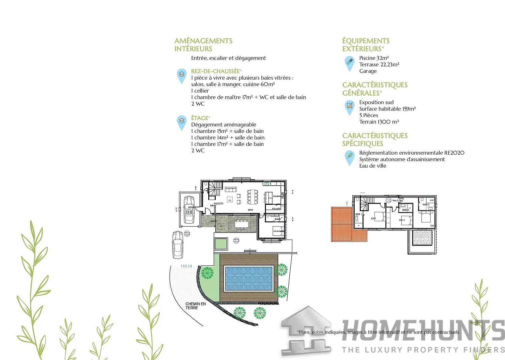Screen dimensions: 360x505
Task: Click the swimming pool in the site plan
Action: pos(249,278)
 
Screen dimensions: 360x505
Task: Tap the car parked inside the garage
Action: pos(189,209)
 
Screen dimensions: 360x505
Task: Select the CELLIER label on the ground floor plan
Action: pos(276,209)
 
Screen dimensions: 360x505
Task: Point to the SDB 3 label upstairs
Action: pos(426,204)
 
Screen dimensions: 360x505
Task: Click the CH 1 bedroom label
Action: pos(373,218)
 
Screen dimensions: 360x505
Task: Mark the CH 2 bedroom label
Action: pos(402,220)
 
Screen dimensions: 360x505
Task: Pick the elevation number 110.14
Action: pos(186,266)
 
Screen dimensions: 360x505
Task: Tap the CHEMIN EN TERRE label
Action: pos(196,306)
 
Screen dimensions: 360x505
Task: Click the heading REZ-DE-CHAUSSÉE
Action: pos(215,71)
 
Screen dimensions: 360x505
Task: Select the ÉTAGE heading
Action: pos(200,118)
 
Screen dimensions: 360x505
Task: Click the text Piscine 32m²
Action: pos(374,58)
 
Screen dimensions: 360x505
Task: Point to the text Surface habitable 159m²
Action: pos(387,109)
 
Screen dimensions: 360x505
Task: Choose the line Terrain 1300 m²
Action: pos(379,122)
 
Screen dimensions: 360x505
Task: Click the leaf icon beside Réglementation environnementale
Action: pos(349,156)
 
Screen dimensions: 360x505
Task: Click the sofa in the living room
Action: pos(231,189)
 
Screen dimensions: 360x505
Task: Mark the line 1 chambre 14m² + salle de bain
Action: pos(228,137)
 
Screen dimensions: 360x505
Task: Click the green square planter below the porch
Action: pos(221,244)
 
